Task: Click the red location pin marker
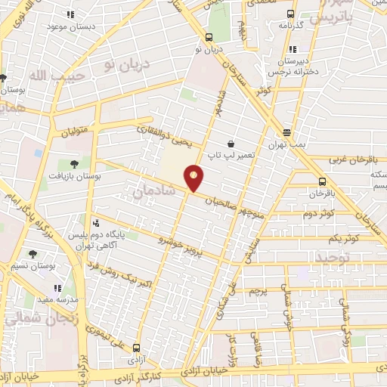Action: click(x=194, y=177)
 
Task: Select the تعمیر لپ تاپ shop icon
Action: click(x=230, y=144)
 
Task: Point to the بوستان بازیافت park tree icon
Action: click(x=73, y=164)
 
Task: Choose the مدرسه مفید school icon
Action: click(x=57, y=288)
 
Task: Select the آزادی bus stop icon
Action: click(x=136, y=348)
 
